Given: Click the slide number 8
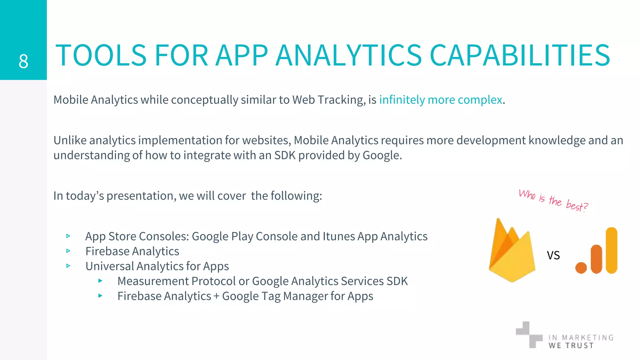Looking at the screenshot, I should pyautogui.click(x=23, y=61).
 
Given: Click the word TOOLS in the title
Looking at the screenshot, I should pyautogui.click(x=101, y=55).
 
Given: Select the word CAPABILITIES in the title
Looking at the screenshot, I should pyautogui.click(x=520, y=55).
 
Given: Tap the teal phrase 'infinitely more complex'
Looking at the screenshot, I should pyautogui.click(x=441, y=100).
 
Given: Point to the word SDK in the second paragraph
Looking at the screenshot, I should pyautogui.click(x=285, y=155).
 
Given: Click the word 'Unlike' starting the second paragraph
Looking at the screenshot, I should pyautogui.click(x=70, y=140).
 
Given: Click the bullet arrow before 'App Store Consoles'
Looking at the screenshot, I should pyautogui.click(x=68, y=236).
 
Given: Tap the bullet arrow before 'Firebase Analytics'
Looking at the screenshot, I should pyautogui.click(x=68, y=251).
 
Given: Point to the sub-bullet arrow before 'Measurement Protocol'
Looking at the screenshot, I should pyautogui.click(x=100, y=281).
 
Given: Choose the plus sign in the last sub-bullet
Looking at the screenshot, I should pyautogui.click(x=216, y=296).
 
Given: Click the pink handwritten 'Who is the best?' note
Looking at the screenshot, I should pyautogui.click(x=553, y=200).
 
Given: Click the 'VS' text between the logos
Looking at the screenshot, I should pyautogui.click(x=553, y=255).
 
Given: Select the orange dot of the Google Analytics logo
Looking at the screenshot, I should pyautogui.click(x=581, y=268).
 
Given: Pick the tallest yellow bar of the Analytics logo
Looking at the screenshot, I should pyautogui.click(x=611, y=250).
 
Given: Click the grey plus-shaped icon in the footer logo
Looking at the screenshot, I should pyautogui.click(x=529, y=335).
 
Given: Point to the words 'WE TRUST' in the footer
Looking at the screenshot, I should pyautogui.click(x=571, y=345).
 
